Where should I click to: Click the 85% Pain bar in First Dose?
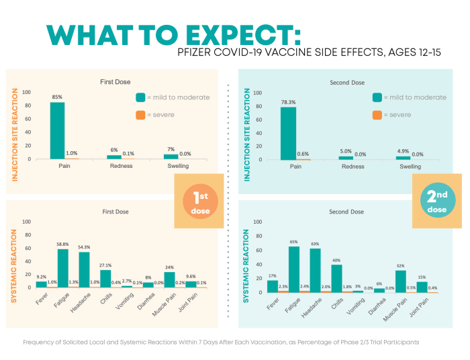(58, 130)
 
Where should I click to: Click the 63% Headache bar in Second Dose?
(315, 271)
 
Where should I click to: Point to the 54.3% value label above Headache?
(85, 246)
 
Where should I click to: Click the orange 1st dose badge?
(199, 201)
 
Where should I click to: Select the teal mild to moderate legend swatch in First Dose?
(140, 97)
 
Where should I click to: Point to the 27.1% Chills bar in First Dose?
(105, 279)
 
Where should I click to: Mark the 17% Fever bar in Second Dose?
(272, 286)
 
